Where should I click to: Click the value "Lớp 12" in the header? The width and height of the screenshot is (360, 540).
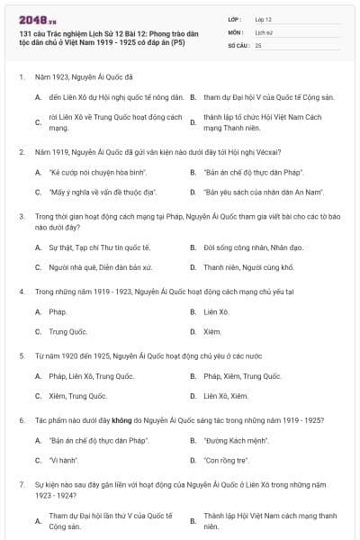[x=264, y=18]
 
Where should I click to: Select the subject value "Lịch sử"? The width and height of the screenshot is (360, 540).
[x=263, y=31]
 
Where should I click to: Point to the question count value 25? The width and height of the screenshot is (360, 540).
[x=258, y=44]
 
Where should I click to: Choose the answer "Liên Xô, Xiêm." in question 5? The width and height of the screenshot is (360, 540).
[x=226, y=397]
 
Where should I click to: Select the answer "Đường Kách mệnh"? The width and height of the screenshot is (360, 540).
[x=237, y=440]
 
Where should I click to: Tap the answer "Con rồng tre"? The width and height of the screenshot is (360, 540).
[x=226, y=462]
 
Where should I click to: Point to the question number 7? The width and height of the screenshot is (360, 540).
[x=21, y=484]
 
